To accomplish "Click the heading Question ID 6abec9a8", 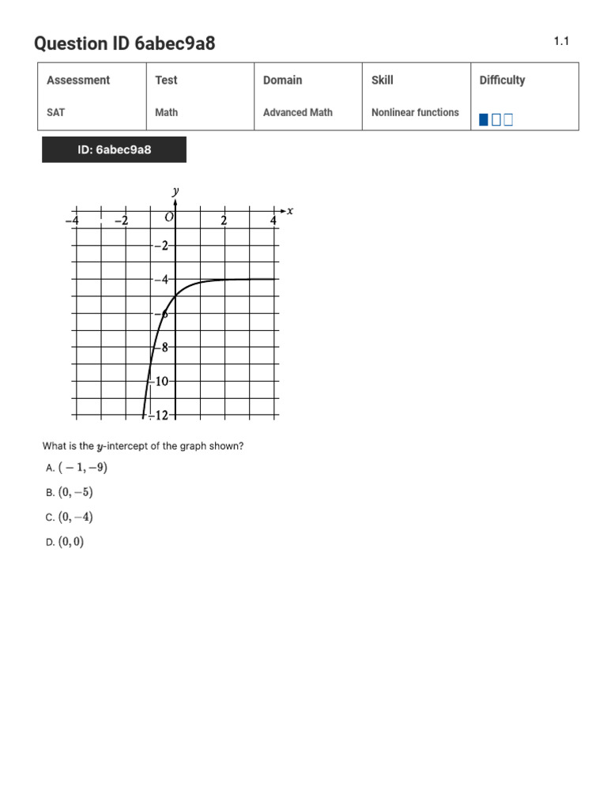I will click(124, 43).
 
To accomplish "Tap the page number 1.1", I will click(561, 41).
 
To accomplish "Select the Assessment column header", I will click(78, 80).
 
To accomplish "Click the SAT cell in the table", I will click(56, 112).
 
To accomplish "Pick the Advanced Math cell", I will click(298, 112).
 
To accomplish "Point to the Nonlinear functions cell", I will click(415, 112).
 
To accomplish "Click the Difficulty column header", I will click(502, 80).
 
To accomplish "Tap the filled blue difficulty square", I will click(484, 120).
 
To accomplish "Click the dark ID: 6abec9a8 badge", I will click(115, 149).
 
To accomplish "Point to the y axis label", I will click(175, 190).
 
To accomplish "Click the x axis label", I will click(290, 210).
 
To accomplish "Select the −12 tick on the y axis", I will click(163, 416).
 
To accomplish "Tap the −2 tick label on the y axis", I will click(161, 246).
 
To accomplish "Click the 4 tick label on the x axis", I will click(273, 220).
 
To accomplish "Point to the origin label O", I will click(169, 217).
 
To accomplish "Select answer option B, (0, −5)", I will click(75, 492).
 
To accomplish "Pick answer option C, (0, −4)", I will click(75, 517).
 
